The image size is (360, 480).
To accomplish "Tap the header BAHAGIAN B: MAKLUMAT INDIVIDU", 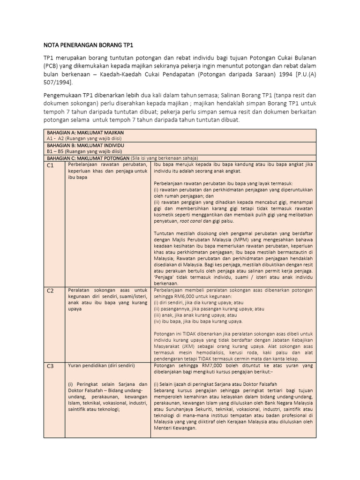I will [85, 145].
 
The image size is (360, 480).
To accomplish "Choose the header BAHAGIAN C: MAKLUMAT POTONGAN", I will [89, 158].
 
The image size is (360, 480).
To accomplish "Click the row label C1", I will [51, 165].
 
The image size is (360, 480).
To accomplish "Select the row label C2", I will [51, 291].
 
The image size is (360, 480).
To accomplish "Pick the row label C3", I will [51, 367].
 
